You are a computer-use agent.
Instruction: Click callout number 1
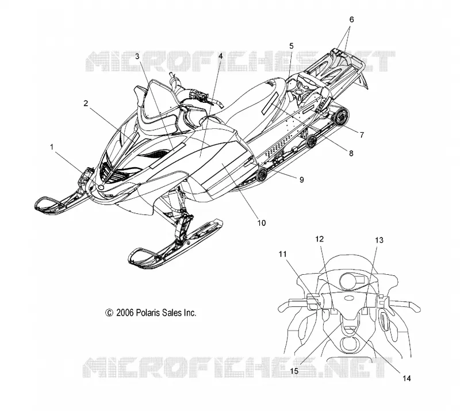pyautogui.click(x=52, y=147)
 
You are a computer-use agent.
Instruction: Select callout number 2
pyautogui.click(x=86, y=103)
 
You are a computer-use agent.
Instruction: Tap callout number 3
pyautogui.click(x=137, y=56)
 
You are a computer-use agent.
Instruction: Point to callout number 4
pyautogui.click(x=221, y=55)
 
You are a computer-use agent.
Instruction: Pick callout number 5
pyautogui.click(x=291, y=46)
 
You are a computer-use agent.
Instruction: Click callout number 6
pyautogui.click(x=351, y=20)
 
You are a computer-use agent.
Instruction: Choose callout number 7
pyautogui.click(x=362, y=135)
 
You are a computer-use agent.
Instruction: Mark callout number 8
pyautogui.click(x=351, y=153)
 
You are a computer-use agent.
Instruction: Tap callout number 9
pyautogui.click(x=301, y=179)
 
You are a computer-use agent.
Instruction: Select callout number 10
pyautogui.click(x=262, y=223)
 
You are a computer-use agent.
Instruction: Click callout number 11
pyautogui.click(x=282, y=254)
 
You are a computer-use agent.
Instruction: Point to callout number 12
pyautogui.click(x=320, y=239)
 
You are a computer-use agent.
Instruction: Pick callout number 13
pyautogui.click(x=379, y=240)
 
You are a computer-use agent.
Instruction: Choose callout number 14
pyautogui.click(x=407, y=378)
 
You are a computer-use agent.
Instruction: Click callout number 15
pyautogui.click(x=294, y=371)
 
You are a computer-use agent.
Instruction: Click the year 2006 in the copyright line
pyautogui.click(x=125, y=313)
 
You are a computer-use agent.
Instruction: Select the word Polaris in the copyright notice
pyautogui.click(x=148, y=313)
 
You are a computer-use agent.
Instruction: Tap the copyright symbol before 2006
pyautogui.click(x=109, y=313)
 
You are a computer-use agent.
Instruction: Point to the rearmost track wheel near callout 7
pyautogui.click(x=341, y=116)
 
